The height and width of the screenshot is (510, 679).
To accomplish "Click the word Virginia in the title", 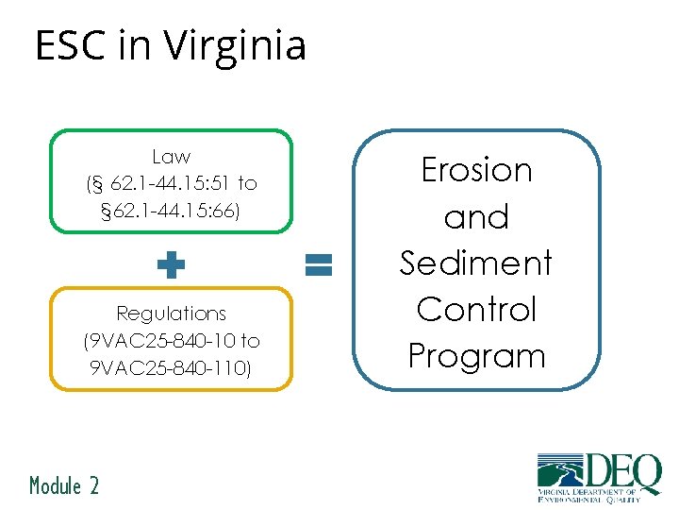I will pos(235,45).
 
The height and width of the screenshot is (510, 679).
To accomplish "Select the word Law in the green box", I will pos(171,157).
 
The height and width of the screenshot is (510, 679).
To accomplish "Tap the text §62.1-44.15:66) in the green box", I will pos(171,210).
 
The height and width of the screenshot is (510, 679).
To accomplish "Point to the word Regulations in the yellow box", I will pos(171,313).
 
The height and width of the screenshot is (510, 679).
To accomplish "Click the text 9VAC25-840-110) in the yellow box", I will pos(171,365).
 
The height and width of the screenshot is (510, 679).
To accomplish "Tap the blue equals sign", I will pos(320,264).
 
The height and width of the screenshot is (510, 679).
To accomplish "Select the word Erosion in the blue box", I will pos(476,170).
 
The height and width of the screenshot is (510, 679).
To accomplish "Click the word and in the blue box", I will pos(476,217).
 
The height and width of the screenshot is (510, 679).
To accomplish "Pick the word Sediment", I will pos(476,263).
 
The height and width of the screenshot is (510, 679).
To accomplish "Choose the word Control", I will pos(476,309).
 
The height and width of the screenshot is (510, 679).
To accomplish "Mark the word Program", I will pos(476,356).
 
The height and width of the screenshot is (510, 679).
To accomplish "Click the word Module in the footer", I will pos(56,485).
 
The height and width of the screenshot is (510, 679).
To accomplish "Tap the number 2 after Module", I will pos(93,485).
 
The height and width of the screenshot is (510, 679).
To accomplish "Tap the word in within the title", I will pos(135,45).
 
